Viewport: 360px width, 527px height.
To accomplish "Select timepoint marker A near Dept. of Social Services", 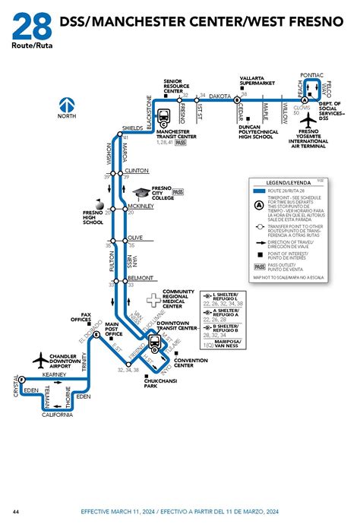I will pyautogui.click(x=305, y=99).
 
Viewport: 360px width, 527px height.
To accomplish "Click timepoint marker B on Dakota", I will pyautogui.click(x=237, y=99).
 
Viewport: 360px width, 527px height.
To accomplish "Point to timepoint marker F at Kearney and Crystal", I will pyautogui.click(x=22, y=379).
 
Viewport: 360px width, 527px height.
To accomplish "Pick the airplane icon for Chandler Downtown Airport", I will pyautogui.click(x=39, y=359).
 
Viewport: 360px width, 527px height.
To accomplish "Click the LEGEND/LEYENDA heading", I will pyautogui.click(x=282, y=183).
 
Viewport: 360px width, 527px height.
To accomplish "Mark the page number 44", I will pyautogui.click(x=16, y=511).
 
